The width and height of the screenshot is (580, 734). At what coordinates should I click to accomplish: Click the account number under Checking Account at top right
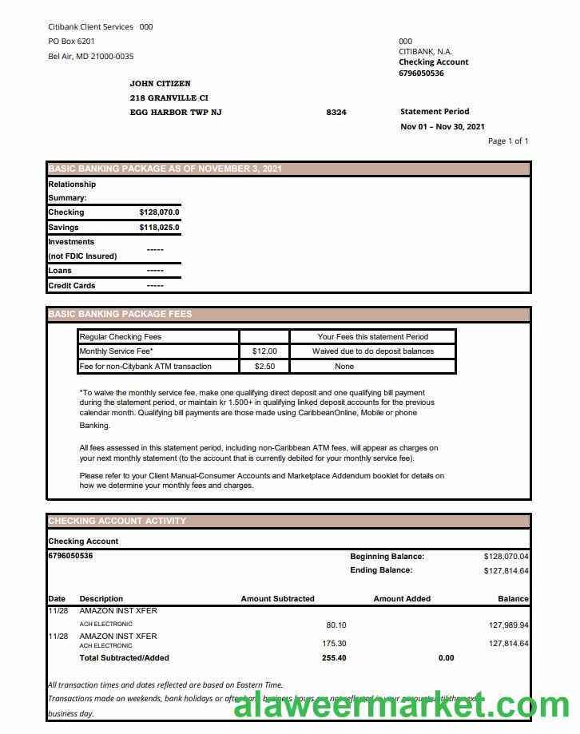pos(421,73)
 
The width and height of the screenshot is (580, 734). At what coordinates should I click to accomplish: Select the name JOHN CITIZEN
pos(160,83)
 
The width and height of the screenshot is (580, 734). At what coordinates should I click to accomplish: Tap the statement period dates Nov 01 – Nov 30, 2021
pos(442,126)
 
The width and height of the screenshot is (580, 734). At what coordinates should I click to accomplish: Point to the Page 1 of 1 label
pos(508,141)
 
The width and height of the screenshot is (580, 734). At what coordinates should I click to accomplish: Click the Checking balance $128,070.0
pos(159,212)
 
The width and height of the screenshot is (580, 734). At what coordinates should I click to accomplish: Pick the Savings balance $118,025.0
pos(159,228)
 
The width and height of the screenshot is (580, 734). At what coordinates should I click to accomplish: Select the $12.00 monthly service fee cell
pos(264,351)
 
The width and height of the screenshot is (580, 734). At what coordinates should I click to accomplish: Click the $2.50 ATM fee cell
pos(264,367)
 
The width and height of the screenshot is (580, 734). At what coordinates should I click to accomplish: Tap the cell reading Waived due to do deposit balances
pos(372,351)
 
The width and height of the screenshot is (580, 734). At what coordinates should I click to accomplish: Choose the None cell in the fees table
pos(344,367)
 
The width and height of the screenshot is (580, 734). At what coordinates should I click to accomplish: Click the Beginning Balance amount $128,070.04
pos(506,556)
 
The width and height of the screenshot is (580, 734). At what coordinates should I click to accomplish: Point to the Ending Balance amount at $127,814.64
pos(506,571)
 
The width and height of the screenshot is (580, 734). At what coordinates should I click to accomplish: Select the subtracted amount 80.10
pos(336,625)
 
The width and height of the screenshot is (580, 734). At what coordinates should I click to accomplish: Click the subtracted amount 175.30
pos(334,644)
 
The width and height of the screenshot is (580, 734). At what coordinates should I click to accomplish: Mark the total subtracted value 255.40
pos(334,658)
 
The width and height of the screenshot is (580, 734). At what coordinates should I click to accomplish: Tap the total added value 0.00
pos(446,658)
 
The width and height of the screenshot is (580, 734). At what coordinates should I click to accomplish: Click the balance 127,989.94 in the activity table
pos(508,625)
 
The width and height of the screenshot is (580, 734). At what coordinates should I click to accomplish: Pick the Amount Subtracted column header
pos(277,598)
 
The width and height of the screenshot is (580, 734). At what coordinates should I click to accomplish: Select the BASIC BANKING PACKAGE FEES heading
pos(120,314)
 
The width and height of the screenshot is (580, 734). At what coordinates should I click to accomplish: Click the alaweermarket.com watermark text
pos(400,707)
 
